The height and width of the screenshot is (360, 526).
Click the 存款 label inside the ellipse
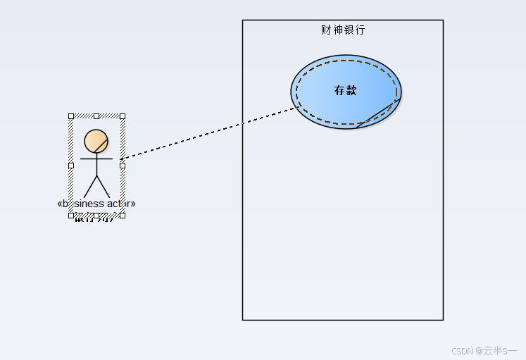pos(346,90)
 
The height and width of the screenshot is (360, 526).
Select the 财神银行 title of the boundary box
pos(343,30)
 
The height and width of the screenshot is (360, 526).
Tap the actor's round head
pos(96,142)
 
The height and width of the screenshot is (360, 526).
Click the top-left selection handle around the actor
pos(71,116)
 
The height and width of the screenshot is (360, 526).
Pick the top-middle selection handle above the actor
pos(96,116)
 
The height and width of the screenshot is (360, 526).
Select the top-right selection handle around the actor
pos(123,116)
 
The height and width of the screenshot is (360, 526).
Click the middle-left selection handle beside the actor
pos(71,166)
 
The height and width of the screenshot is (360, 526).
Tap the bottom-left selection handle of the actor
pos(71,215)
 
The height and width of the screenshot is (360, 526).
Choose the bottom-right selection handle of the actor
pos(123,215)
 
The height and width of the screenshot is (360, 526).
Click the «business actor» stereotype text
pos(96,204)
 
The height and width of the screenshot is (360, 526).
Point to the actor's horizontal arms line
pos(96,159)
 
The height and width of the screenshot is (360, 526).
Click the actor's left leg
pos(90,187)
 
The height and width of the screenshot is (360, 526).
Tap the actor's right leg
pos(103,187)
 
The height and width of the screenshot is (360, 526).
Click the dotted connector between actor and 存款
pos(211,132)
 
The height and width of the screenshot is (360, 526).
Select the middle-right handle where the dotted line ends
pos(123,166)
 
